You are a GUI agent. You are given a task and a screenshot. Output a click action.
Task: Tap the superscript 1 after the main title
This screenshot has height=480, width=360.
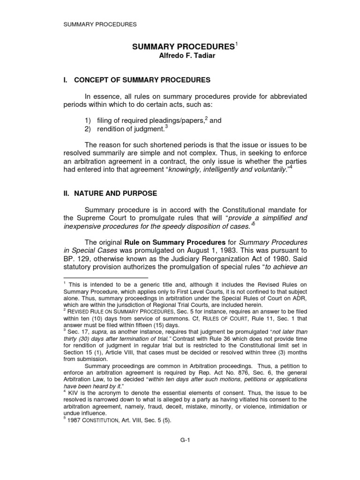[237, 45]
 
